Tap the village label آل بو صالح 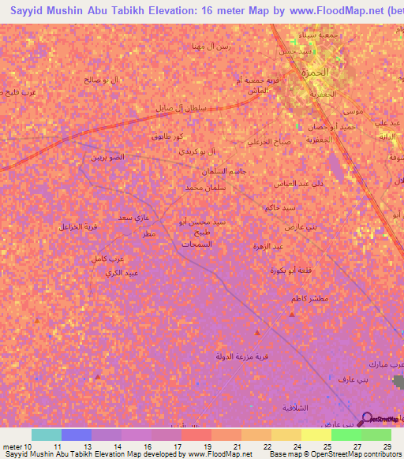click(x=103, y=80)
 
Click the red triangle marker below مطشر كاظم click(x=292, y=315)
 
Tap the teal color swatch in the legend click(x=46, y=435)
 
